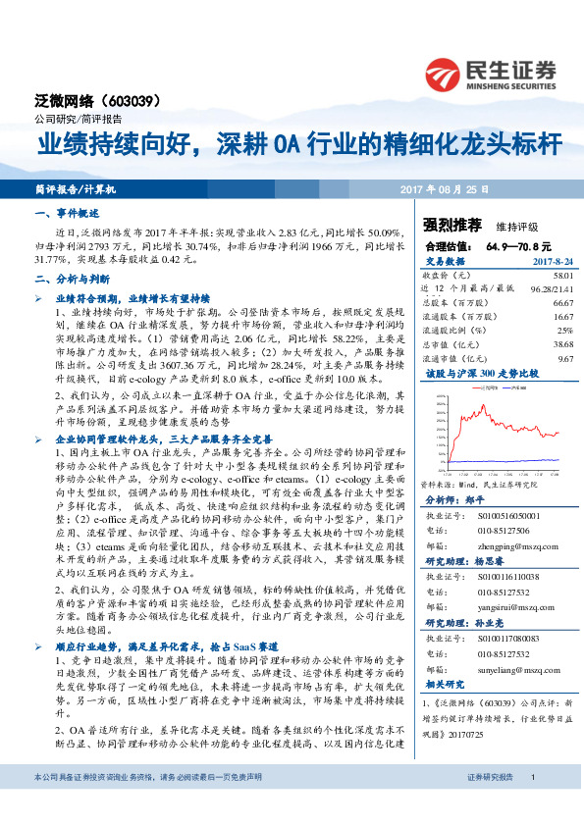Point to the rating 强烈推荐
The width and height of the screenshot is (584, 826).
point(450,224)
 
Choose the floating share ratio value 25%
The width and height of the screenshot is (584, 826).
point(563,332)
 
